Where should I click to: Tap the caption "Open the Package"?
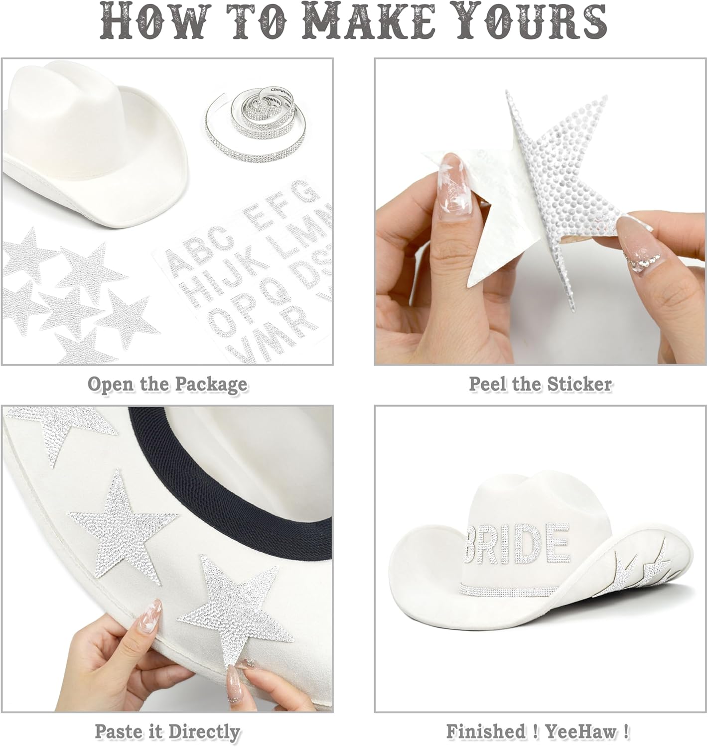[x=167, y=384]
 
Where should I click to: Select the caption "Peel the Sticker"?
[x=540, y=384]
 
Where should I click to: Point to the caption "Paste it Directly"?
[x=167, y=732]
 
